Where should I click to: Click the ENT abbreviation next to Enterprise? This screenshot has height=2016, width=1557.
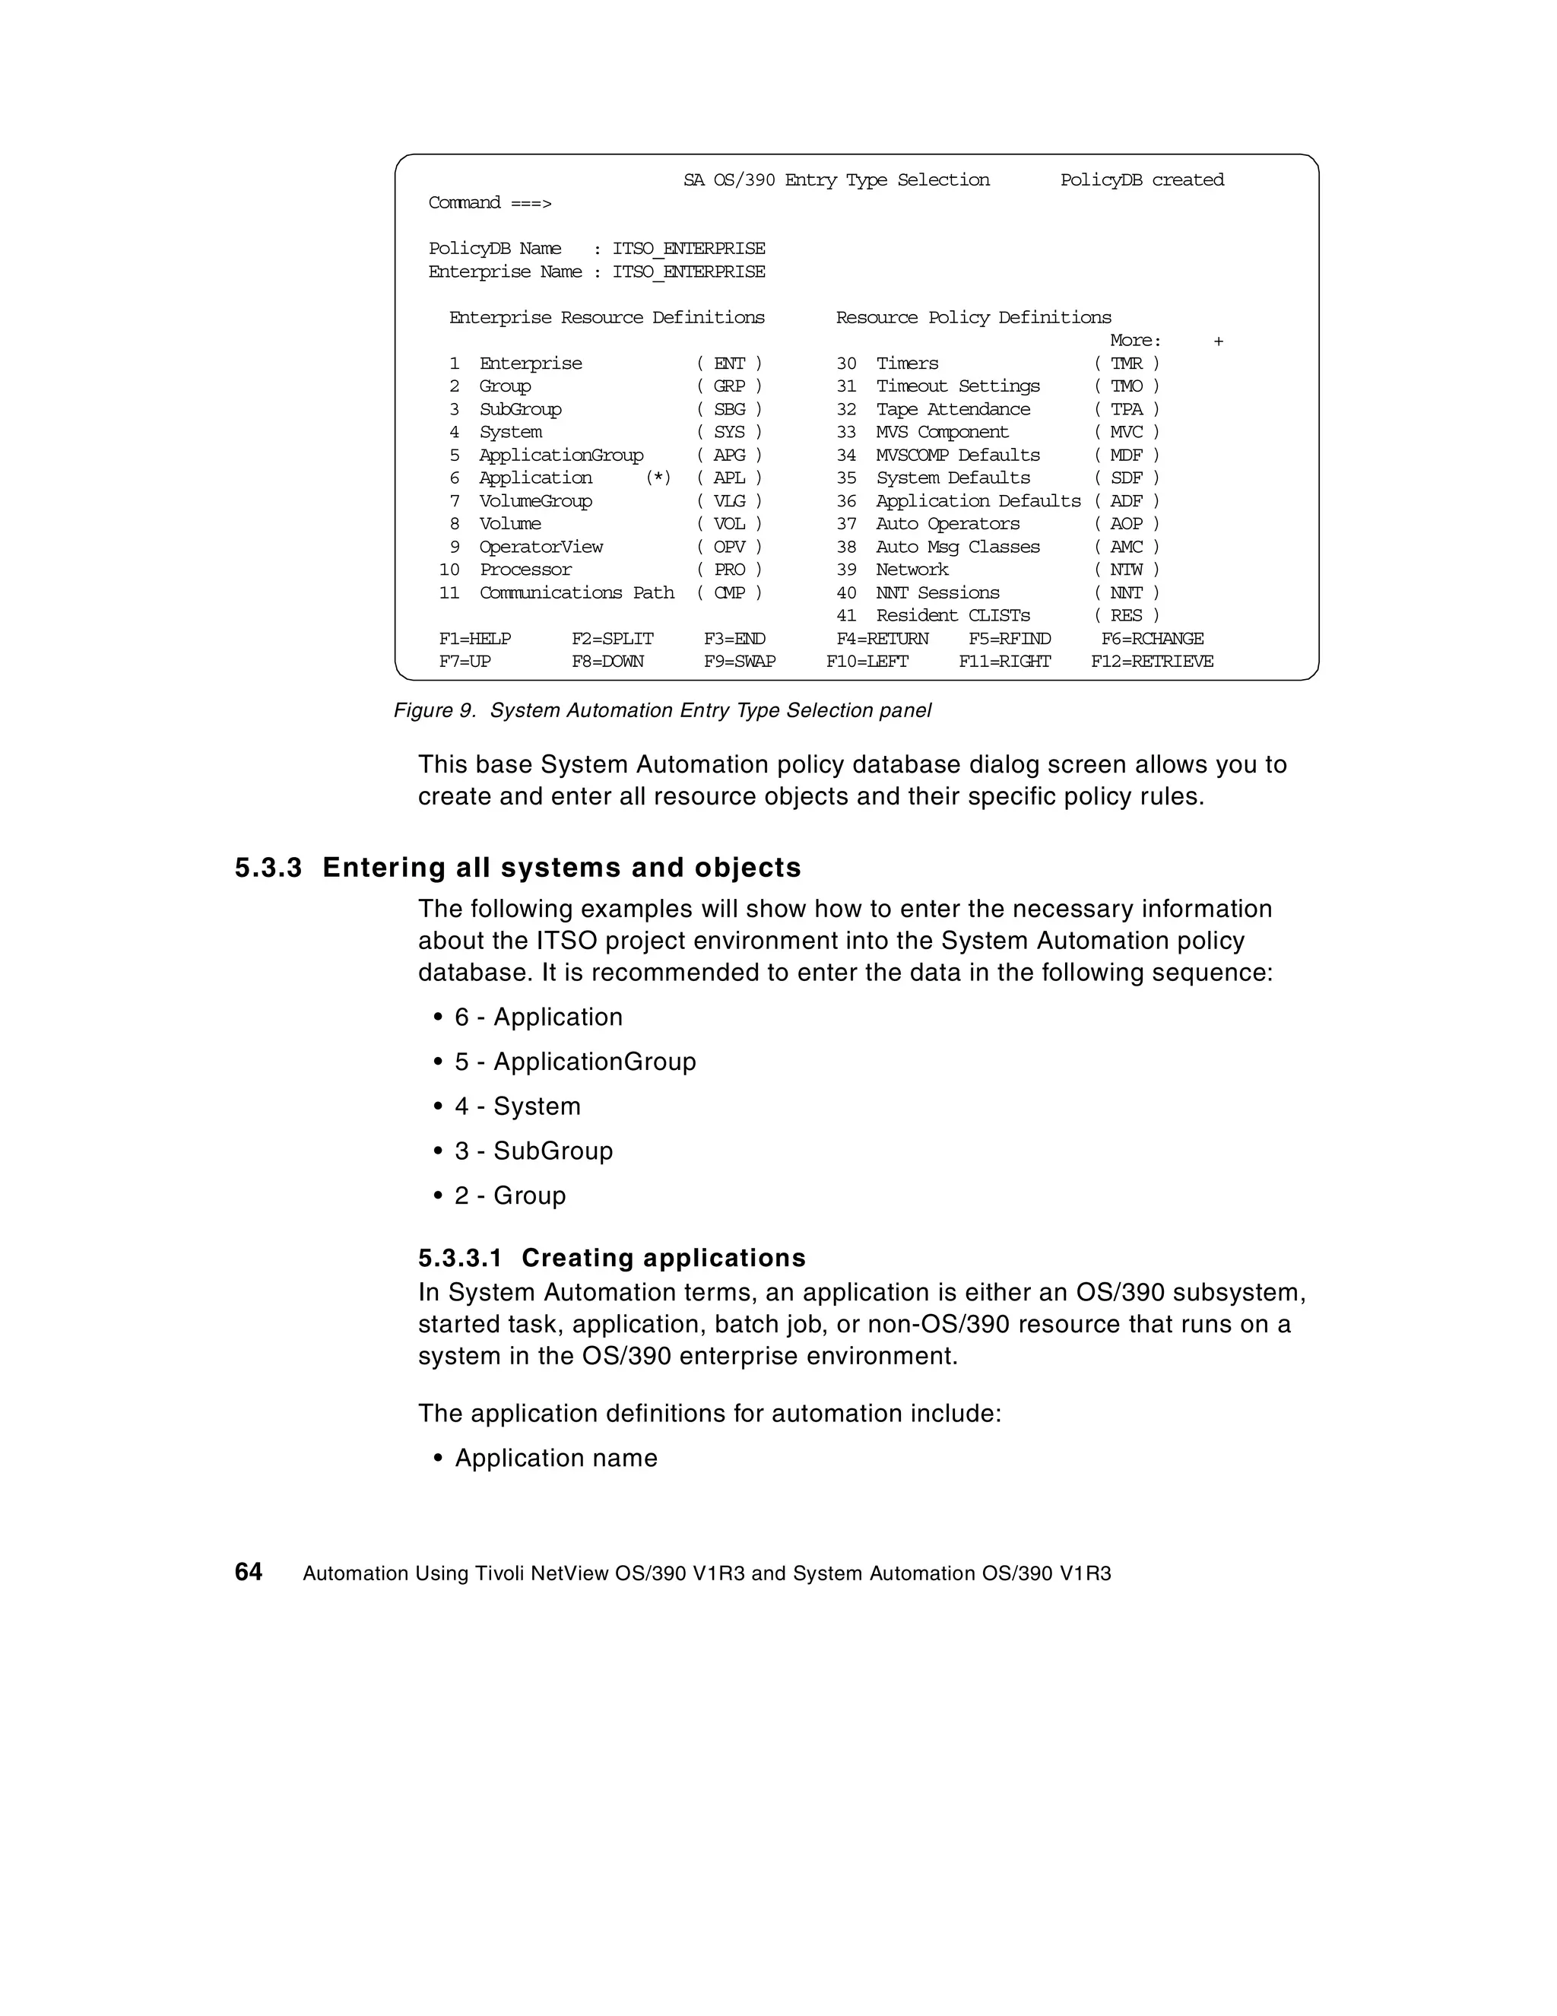tap(729, 364)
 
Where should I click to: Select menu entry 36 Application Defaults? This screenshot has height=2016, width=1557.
tap(978, 501)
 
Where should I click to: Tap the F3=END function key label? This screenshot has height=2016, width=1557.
tap(734, 639)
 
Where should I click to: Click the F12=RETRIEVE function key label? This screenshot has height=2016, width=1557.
tap(1152, 662)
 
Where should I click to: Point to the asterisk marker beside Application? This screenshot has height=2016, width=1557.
tap(658, 478)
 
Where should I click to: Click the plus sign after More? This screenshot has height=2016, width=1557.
tap(1218, 341)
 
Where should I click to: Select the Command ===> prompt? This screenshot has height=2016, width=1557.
tap(489, 203)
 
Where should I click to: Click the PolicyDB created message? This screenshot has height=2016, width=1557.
tap(1142, 180)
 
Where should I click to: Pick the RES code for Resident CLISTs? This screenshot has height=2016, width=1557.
tap(1126, 616)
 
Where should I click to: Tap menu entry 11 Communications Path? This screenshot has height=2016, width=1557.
tap(576, 592)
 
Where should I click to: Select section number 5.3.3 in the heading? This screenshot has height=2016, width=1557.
tap(268, 868)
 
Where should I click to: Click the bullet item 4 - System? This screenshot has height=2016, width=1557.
tap(517, 1106)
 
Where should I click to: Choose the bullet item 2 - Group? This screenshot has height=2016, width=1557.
tap(509, 1195)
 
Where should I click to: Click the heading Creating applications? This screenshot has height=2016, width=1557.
tap(663, 1258)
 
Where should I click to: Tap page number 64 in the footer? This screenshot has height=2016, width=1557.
tap(249, 1572)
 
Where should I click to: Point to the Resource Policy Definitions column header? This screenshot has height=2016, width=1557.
tap(973, 318)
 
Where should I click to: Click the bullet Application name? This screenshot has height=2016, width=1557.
tap(556, 1458)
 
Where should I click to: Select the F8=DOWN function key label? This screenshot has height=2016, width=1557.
tap(607, 662)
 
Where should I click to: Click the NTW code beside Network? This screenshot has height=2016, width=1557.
tap(1126, 570)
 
